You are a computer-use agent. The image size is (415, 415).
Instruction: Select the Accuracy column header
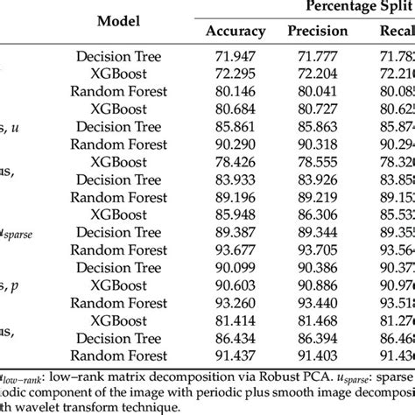click(235, 32)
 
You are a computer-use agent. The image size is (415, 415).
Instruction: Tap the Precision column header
click(317, 32)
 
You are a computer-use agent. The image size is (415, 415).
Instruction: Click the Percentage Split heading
click(355, 7)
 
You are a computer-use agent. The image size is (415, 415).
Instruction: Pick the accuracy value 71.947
click(235, 55)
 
